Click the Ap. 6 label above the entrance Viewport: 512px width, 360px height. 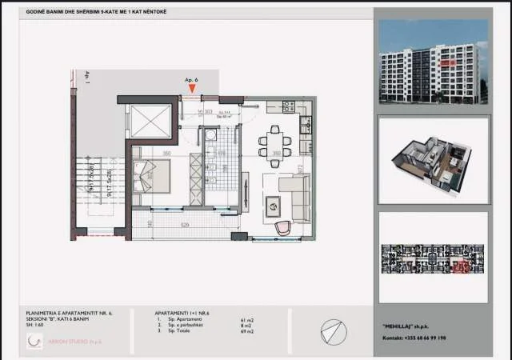click(190, 81)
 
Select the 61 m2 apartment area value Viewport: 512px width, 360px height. click(246, 319)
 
